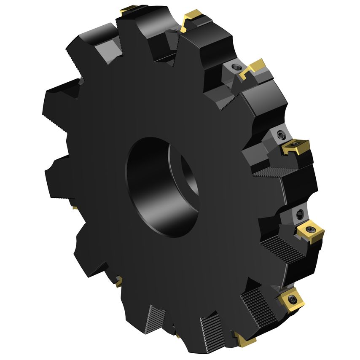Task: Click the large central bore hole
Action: click(162, 185)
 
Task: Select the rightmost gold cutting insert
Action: click(311, 231)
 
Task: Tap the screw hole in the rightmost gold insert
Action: click(311, 230)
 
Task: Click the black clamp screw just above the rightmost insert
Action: click(301, 213)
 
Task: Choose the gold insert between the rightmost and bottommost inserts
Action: click(290, 300)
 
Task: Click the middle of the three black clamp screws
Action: click(281, 135)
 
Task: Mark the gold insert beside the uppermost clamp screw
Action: click(253, 68)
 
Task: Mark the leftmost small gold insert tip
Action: click(74, 207)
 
